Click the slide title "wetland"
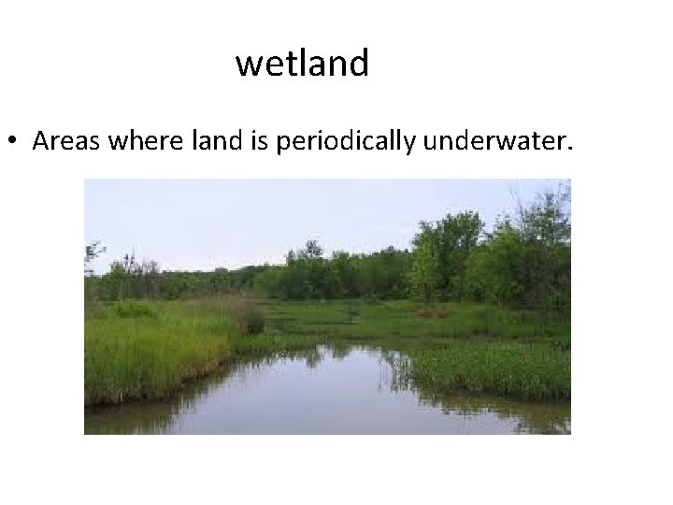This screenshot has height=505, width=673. coord(302,64)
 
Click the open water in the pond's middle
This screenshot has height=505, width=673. coord(318,383)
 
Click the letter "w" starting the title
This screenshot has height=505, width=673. coord(249,65)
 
